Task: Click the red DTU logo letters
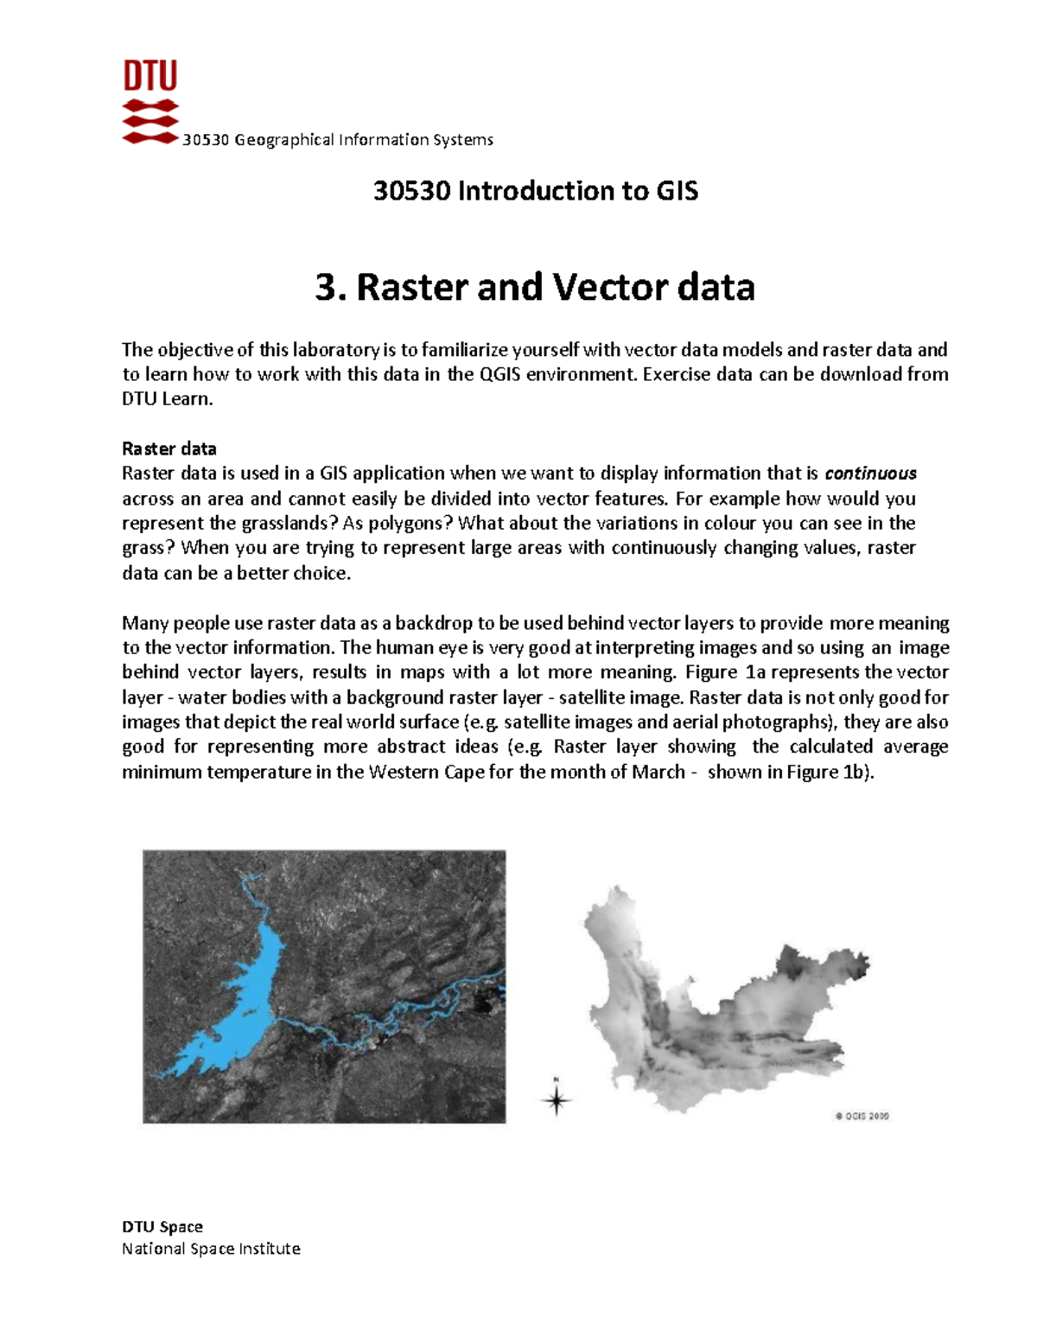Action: pyautogui.click(x=150, y=76)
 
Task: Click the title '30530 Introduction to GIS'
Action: pyautogui.click(x=535, y=191)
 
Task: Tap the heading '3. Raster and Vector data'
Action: pyautogui.click(x=535, y=287)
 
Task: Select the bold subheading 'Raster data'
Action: pyautogui.click(x=169, y=448)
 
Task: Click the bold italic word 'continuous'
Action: pyautogui.click(x=870, y=474)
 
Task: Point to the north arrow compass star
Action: pyautogui.click(x=557, y=1099)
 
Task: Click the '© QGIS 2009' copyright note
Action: pyautogui.click(x=862, y=1116)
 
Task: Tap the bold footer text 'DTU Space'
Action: pyautogui.click(x=162, y=1226)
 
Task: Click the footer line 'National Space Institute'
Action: pyautogui.click(x=211, y=1249)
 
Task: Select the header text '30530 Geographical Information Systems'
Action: pyautogui.click(x=338, y=140)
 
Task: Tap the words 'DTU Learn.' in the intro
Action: pyautogui.click(x=167, y=399)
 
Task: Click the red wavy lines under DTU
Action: pyautogui.click(x=150, y=121)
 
